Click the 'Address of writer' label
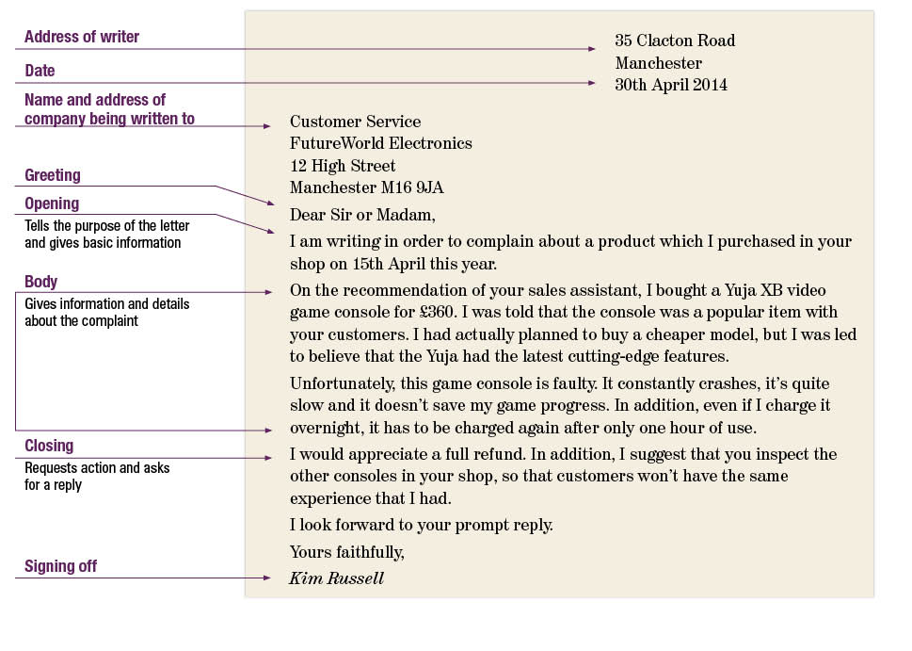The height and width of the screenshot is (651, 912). [82, 38]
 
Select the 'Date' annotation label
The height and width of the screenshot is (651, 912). [40, 71]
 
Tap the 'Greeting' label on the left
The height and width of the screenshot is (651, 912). [53, 175]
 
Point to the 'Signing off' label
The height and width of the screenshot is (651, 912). [60, 566]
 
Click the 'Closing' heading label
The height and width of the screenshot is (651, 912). [49, 446]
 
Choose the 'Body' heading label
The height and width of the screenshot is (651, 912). [41, 282]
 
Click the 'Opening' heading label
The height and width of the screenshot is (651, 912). [52, 203]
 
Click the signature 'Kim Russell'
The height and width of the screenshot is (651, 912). [336, 578]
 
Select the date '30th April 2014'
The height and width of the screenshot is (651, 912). [671, 85]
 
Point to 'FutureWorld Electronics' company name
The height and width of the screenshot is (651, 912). [381, 143]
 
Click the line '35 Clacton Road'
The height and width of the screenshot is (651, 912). [675, 41]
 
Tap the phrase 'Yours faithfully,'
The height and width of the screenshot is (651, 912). [346, 552]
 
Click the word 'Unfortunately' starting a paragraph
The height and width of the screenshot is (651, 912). [341, 384]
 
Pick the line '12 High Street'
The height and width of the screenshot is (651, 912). [343, 166]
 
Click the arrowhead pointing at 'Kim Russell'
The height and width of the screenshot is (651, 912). [266, 578]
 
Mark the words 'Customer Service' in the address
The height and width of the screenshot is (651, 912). [355, 122]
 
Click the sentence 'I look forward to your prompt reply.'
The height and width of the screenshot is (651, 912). [421, 525]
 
